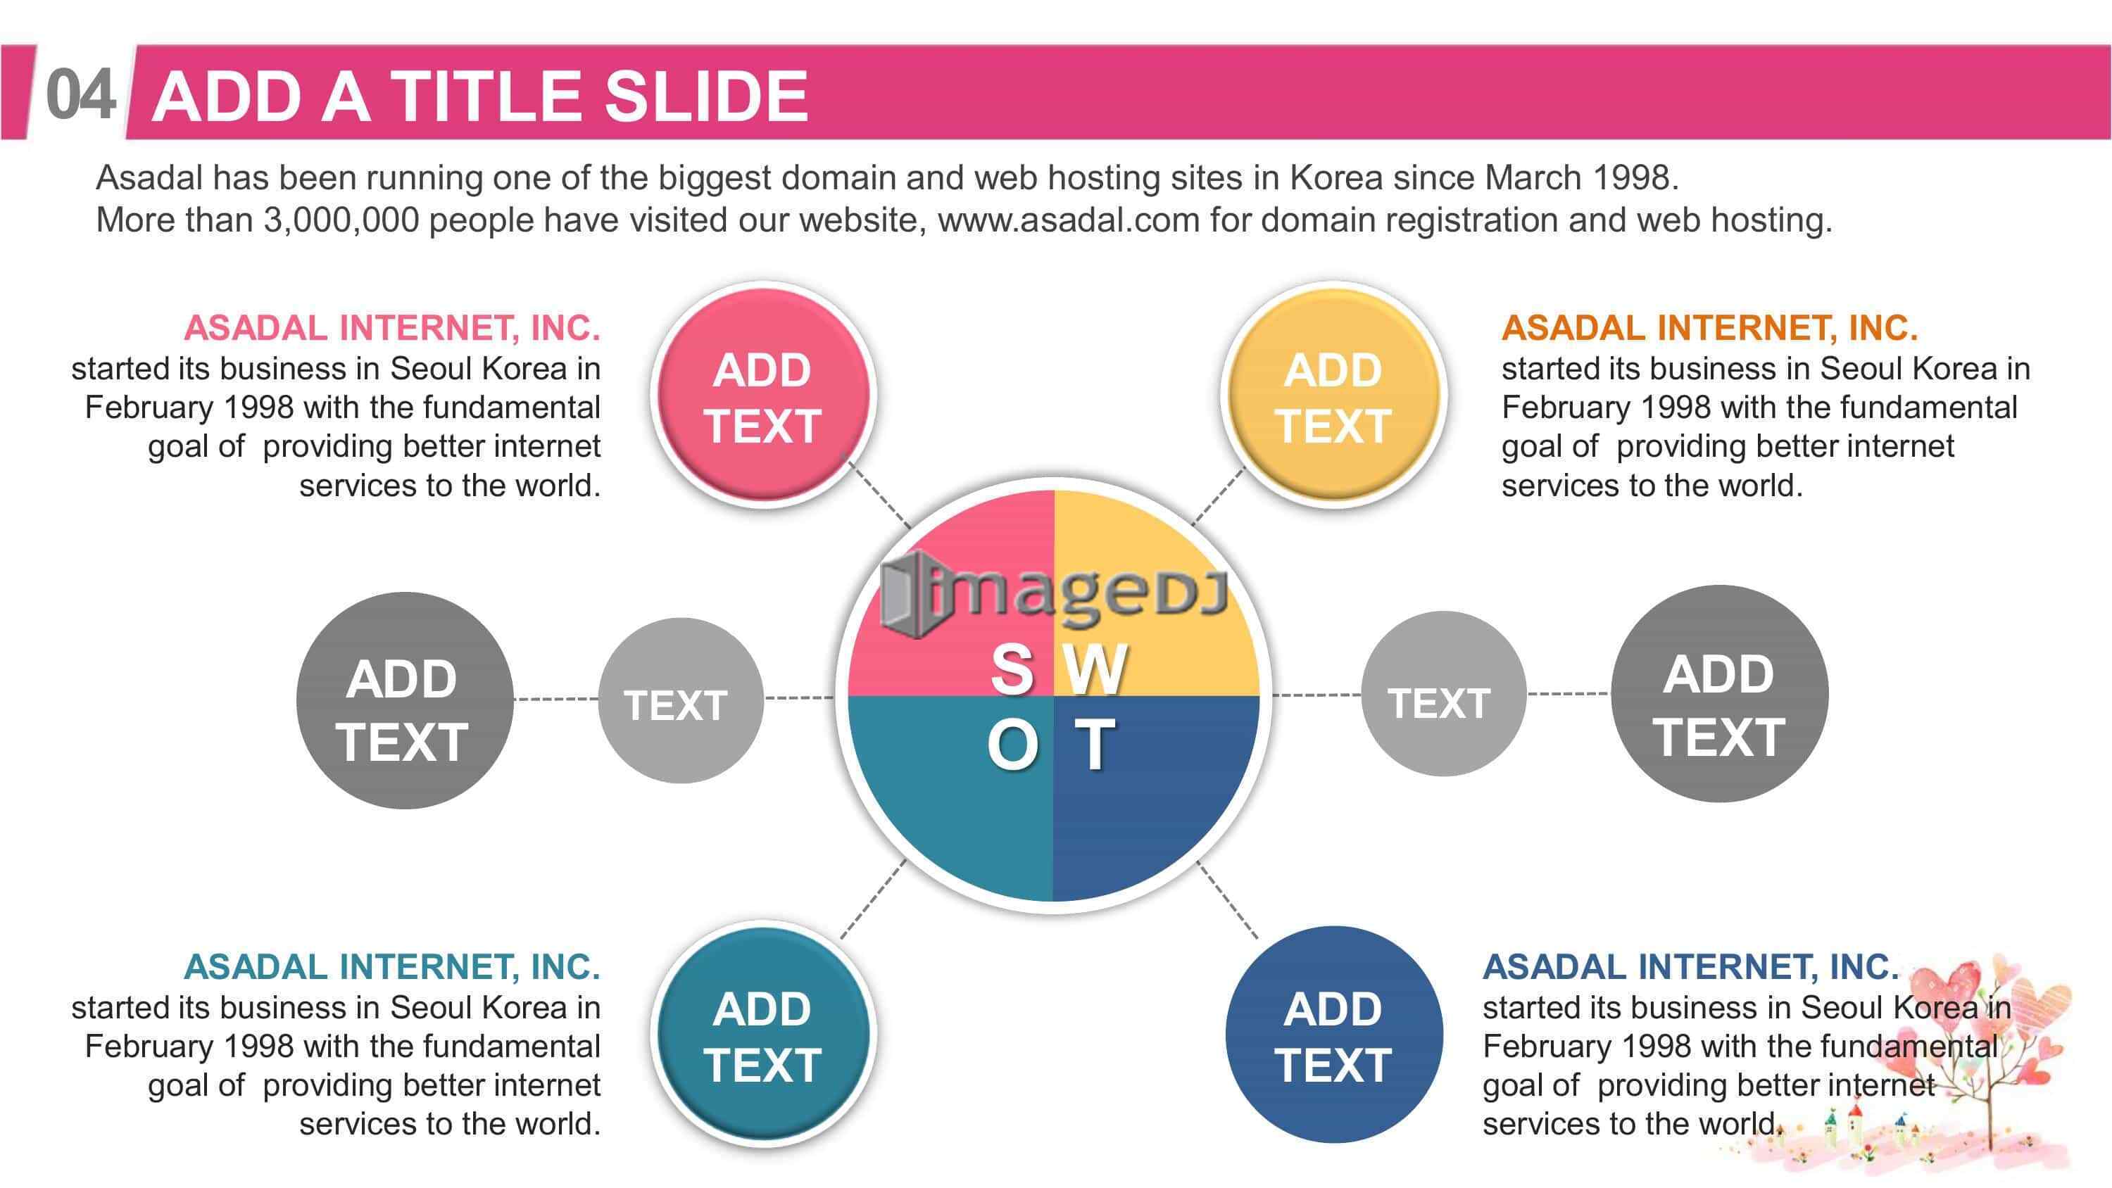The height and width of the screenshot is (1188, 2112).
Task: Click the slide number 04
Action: (x=80, y=95)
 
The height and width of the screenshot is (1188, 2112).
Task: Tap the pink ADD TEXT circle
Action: (x=763, y=396)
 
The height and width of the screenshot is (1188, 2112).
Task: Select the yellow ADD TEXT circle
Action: (x=1334, y=396)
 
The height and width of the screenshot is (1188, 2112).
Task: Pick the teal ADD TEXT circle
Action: (x=763, y=1035)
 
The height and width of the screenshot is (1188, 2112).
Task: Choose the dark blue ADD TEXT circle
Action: (x=1334, y=1035)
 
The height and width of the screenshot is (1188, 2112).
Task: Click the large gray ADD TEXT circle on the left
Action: (x=405, y=700)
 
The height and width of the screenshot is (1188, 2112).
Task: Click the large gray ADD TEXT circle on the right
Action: (x=1719, y=694)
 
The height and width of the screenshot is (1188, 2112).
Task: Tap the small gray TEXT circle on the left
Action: (x=681, y=701)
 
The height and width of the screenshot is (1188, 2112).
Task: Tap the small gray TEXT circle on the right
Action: (x=1443, y=694)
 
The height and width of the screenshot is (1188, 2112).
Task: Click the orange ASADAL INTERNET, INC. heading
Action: (x=1709, y=328)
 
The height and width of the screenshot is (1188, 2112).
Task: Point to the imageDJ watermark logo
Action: (x=1054, y=593)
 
